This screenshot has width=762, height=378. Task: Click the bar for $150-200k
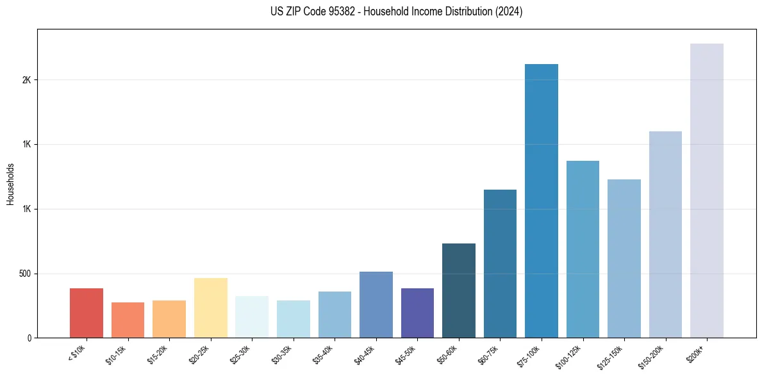click(665, 234)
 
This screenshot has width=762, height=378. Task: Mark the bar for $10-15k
click(128, 320)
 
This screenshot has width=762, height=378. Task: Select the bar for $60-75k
click(500, 263)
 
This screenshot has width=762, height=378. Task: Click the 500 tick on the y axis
click(24, 274)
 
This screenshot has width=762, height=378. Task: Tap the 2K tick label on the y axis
click(26, 80)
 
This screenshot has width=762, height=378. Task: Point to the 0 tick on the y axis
click(29, 338)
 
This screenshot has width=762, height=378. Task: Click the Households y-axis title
click(11, 184)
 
